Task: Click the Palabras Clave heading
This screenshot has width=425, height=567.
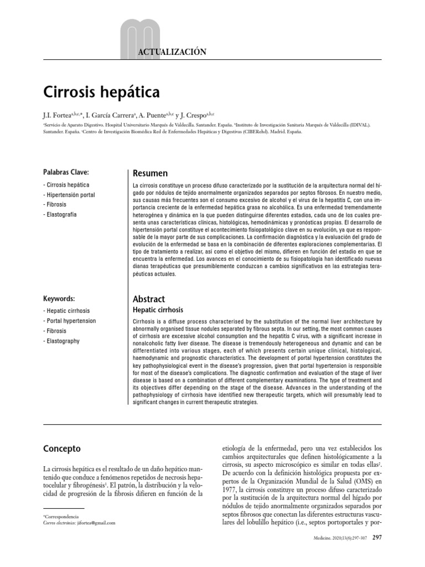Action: (66, 172)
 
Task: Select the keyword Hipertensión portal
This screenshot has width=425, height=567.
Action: (70, 195)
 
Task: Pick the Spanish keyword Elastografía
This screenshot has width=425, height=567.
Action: (61, 214)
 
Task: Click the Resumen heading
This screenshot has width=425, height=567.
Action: (150, 173)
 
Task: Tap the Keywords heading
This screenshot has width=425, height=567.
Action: (59, 298)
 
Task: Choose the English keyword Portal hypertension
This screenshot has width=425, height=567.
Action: (71, 321)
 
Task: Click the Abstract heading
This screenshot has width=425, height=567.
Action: (149, 298)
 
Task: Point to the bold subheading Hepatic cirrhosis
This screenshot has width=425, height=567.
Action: (158, 310)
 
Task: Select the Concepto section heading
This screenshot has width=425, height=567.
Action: (61, 449)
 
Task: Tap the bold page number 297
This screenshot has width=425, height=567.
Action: (377, 538)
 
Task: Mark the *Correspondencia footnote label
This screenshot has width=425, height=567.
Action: (60, 516)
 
